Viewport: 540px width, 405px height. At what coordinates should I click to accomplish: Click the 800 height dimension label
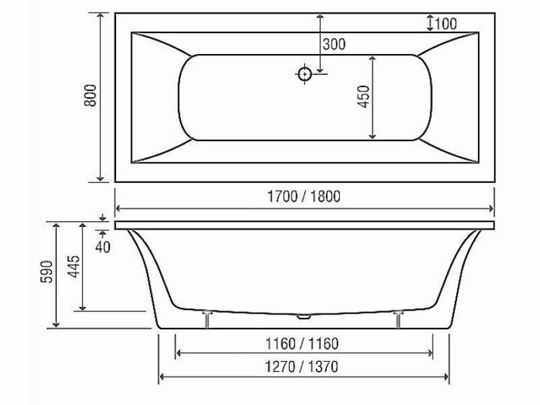point(90,96)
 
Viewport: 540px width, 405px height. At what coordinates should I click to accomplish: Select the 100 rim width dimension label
point(446,23)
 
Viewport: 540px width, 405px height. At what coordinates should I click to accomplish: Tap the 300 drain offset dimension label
point(334,45)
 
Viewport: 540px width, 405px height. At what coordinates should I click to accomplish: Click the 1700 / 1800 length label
point(304,196)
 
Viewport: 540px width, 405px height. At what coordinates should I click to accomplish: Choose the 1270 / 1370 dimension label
point(304,365)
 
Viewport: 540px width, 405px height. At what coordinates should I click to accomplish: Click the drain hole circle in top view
point(304,73)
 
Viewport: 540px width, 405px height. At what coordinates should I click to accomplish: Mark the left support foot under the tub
point(208,318)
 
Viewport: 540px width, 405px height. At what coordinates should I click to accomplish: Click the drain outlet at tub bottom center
point(304,316)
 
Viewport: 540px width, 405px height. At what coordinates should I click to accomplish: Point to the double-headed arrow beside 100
point(430,23)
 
